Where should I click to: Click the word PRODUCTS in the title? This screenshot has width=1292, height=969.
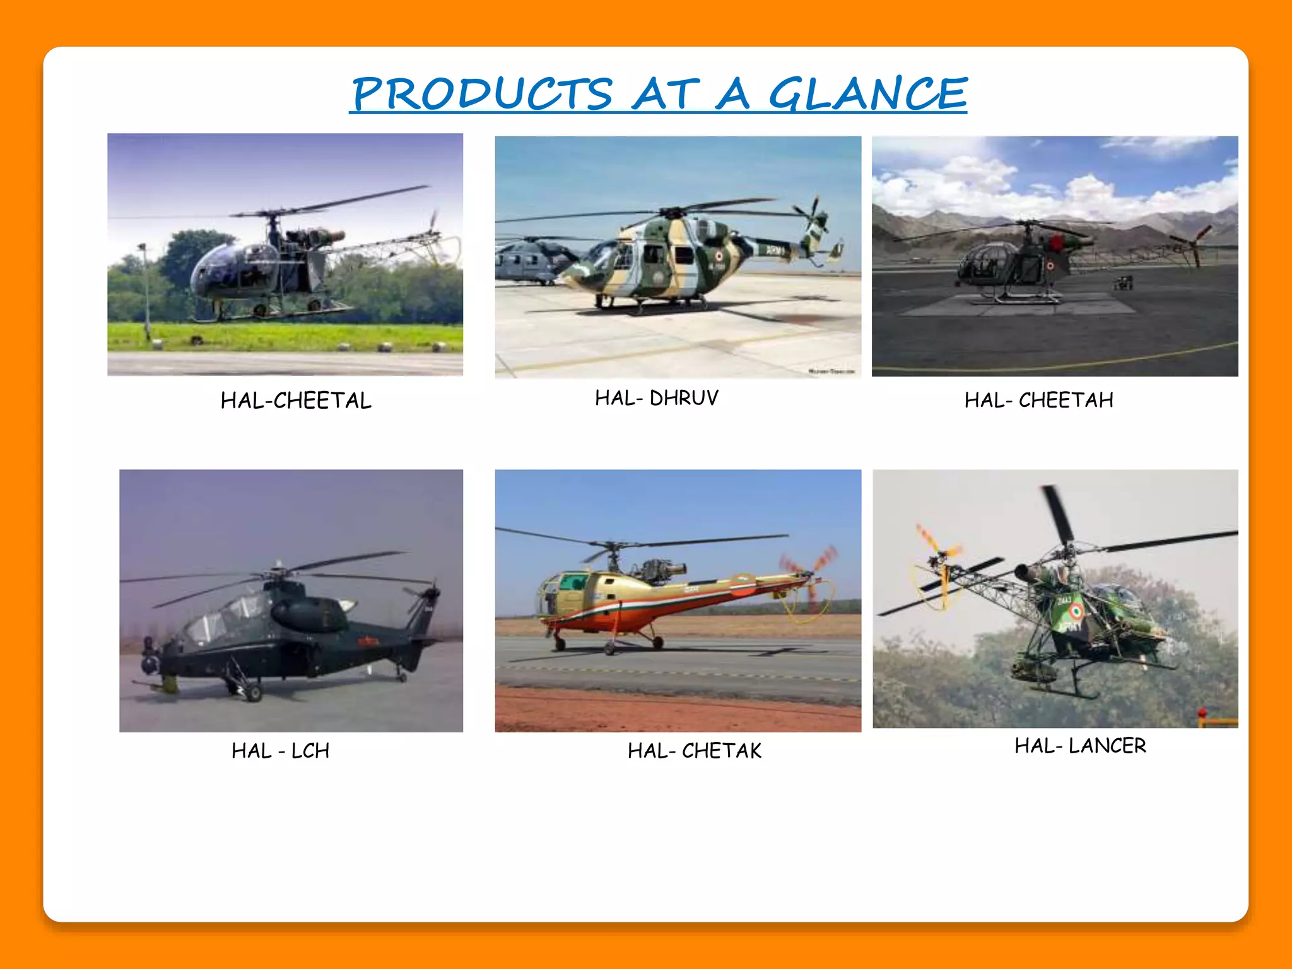[x=482, y=94]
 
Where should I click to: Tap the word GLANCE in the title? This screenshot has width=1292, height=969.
[x=867, y=94]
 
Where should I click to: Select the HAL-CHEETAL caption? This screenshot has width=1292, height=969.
[x=296, y=401]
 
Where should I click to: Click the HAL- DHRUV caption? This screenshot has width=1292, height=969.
[x=657, y=398]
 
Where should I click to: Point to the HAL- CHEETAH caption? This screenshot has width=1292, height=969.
[x=1038, y=400]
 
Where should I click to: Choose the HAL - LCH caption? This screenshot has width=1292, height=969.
[x=280, y=751]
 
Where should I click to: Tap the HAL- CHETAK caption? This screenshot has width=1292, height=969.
[x=695, y=751]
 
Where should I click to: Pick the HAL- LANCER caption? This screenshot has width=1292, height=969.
[x=1080, y=746]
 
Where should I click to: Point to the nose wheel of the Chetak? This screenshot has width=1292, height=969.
[x=559, y=643]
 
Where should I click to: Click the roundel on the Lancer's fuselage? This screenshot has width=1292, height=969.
[x=1075, y=610]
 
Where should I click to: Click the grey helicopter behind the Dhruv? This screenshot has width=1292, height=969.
[x=533, y=259]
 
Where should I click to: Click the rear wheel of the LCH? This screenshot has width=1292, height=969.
[x=401, y=676]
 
